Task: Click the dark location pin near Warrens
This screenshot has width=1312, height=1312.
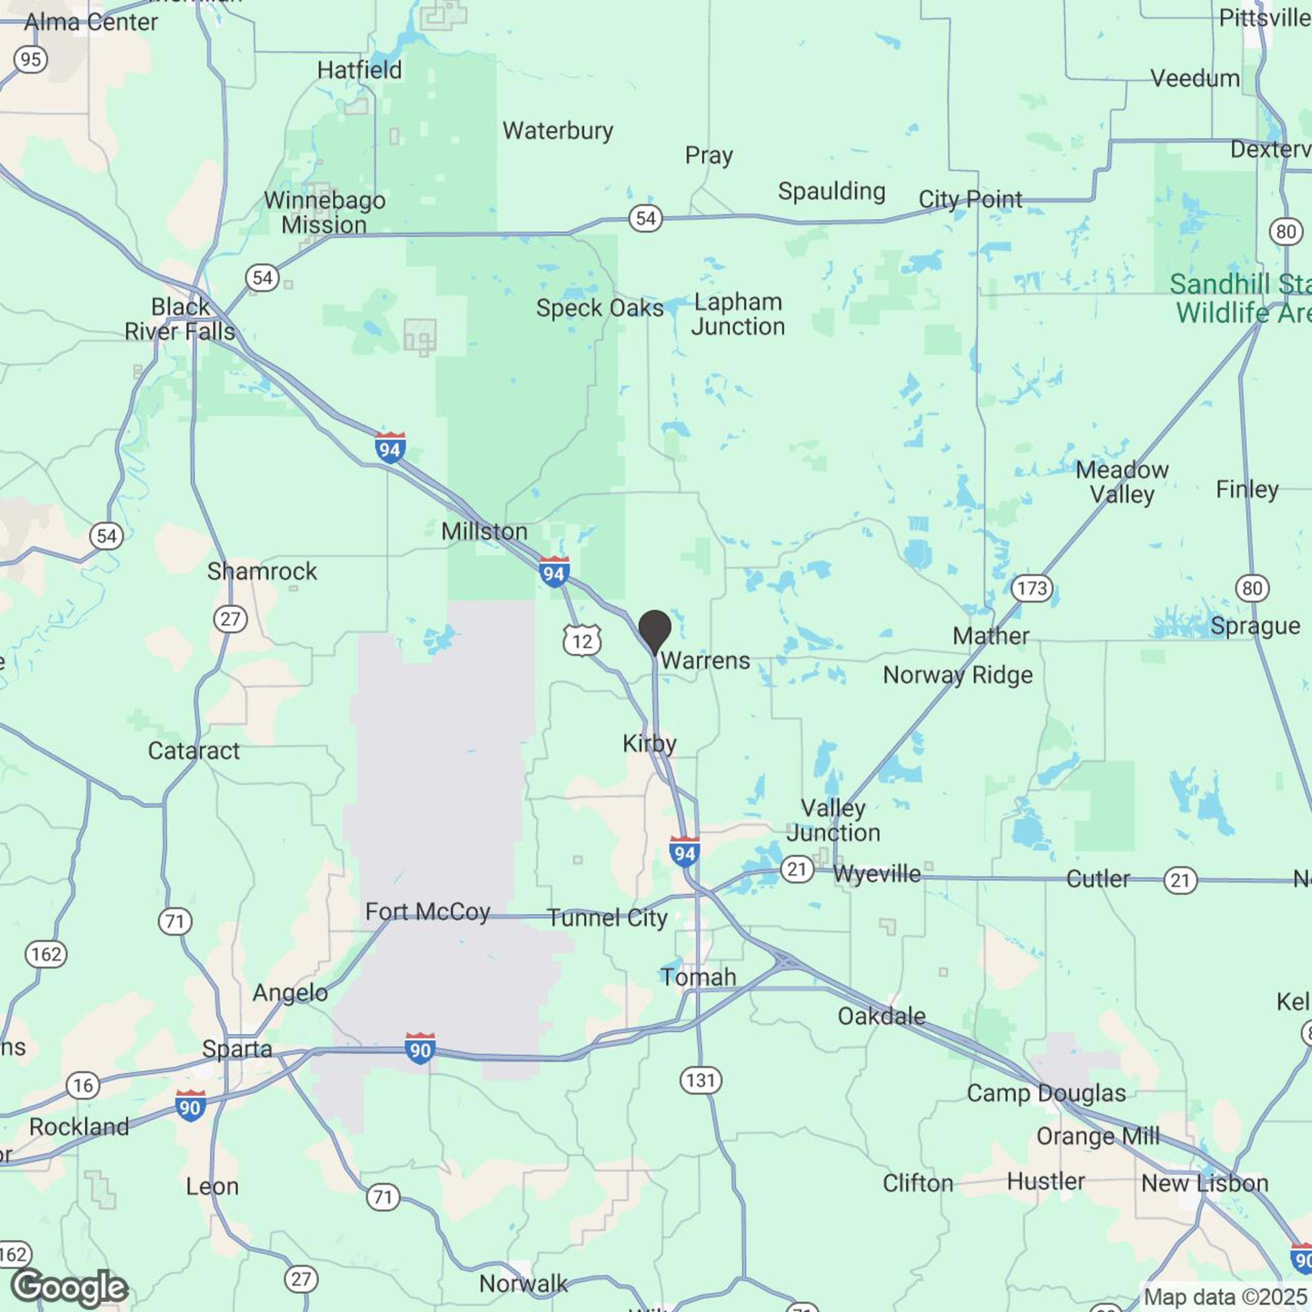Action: pyautogui.click(x=654, y=629)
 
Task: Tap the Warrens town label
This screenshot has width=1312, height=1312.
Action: pyautogui.click(x=705, y=660)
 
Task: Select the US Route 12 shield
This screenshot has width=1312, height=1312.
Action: pyautogui.click(x=582, y=641)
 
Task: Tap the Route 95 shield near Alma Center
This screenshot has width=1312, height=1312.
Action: pyautogui.click(x=30, y=60)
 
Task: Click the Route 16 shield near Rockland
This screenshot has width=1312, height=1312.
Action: pyautogui.click(x=83, y=1085)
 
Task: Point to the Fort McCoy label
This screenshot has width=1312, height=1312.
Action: pyautogui.click(x=428, y=911)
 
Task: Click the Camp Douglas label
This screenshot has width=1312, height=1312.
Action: pyautogui.click(x=1046, y=1093)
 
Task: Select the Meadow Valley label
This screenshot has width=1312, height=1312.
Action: pyautogui.click(x=1122, y=482)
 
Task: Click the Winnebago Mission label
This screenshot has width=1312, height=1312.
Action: pyautogui.click(x=325, y=213)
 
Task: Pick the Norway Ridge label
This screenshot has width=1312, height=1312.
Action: pyautogui.click(x=957, y=675)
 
